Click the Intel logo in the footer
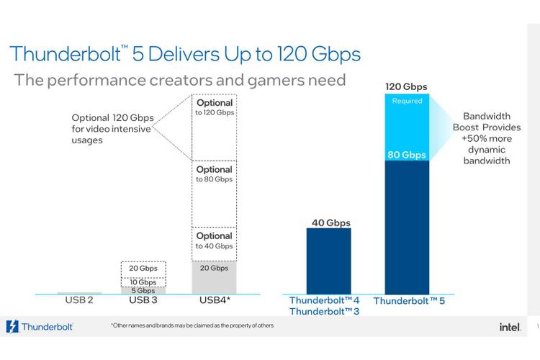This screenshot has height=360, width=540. pyautogui.click(x=510, y=327)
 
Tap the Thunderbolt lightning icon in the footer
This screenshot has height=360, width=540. pyautogui.click(x=12, y=327)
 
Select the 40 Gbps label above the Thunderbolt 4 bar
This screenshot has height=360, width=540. pyautogui.click(x=330, y=222)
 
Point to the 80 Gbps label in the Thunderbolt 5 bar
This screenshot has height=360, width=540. pyautogui.click(x=406, y=154)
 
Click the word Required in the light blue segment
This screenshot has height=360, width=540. pyautogui.click(x=407, y=102)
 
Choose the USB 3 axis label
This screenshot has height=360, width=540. pyautogui.click(x=143, y=300)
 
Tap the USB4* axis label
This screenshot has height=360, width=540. pyautogui.click(x=214, y=300)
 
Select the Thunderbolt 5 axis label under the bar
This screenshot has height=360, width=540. pyautogui.click(x=409, y=300)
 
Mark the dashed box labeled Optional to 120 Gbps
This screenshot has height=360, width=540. pyautogui.click(x=214, y=127)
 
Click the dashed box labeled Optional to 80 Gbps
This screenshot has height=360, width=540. pyautogui.click(x=214, y=193)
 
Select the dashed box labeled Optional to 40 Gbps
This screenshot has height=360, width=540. pyautogui.click(x=214, y=243)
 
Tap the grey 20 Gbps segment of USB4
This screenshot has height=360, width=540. pyautogui.click(x=214, y=276)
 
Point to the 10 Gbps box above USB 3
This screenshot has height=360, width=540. pyautogui.click(x=143, y=282)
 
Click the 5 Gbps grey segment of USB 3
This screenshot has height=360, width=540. pyautogui.click(x=143, y=290)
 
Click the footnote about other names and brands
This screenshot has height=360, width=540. pyautogui.click(x=192, y=326)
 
